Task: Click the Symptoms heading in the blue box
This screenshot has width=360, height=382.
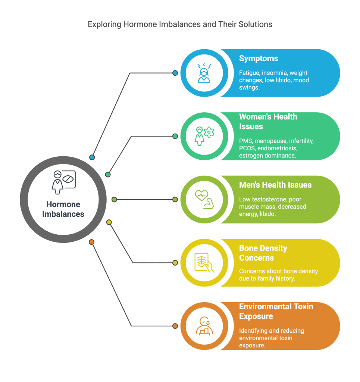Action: click(259, 59)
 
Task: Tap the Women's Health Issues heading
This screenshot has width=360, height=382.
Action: click(268, 122)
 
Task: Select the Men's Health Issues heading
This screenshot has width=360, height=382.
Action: click(275, 185)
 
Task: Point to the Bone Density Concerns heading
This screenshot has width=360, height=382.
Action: click(263, 253)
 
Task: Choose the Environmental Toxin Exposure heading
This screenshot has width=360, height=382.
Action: click(276, 311)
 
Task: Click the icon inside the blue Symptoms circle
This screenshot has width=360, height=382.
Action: click(204, 73)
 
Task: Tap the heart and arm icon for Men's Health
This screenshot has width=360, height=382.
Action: click(204, 199)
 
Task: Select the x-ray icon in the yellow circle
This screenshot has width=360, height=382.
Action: click(204, 263)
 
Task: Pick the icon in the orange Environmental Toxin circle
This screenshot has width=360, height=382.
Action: click(204, 326)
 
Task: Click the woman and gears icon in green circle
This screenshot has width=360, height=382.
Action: click(204, 136)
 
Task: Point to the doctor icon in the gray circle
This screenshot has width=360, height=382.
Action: click(63, 182)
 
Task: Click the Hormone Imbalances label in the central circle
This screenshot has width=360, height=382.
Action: click(63, 209)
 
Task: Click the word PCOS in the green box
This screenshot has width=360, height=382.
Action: click(247, 148)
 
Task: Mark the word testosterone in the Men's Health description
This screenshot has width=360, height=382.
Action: click(267, 199)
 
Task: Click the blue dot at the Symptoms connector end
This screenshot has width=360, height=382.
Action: click(175, 73)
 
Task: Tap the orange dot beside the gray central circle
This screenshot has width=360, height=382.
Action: click(92, 242)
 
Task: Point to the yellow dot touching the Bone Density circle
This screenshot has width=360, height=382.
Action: click(175, 263)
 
